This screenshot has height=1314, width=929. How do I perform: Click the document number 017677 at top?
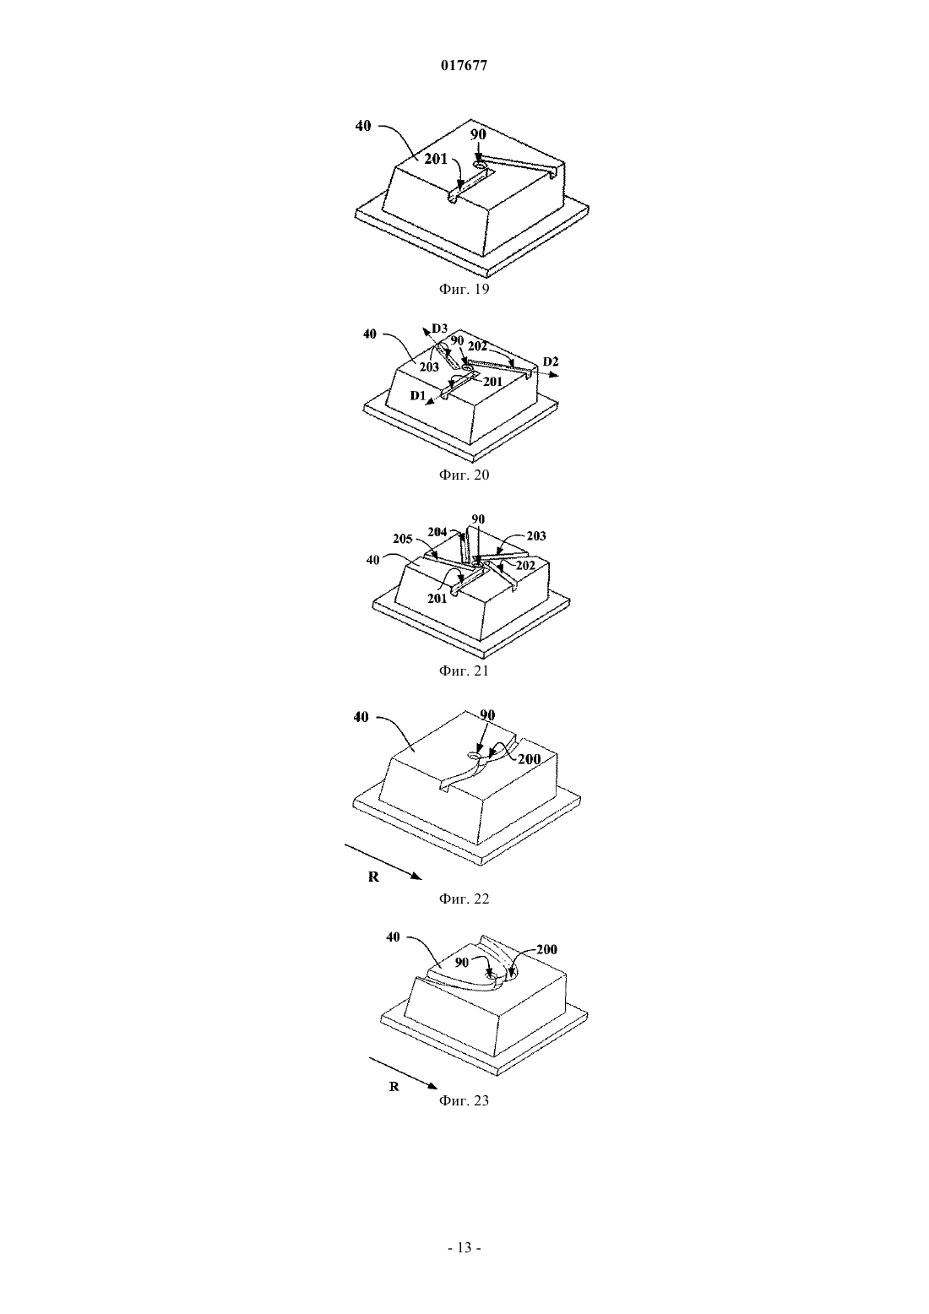pyautogui.click(x=464, y=66)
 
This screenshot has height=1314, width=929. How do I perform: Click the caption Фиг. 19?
pyautogui.click(x=464, y=289)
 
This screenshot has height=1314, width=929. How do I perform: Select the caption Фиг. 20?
pyautogui.click(x=464, y=475)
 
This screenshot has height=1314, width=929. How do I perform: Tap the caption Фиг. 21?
pyautogui.click(x=464, y=671)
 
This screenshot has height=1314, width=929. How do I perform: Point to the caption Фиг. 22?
pyautogui.click(x=464, y=899)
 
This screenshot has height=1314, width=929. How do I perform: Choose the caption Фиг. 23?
pyautogui.click(x=464, y=1100)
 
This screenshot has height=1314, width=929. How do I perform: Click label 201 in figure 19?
pyautogui.click(x=436, y=159)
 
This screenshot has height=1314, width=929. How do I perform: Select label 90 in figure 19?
pyautogui.click(x=479, y=134)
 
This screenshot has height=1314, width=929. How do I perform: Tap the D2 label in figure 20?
pyautogui.click(x=551, y=361)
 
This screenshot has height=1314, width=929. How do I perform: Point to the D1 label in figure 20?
pyautogui.click(x=417, y=396)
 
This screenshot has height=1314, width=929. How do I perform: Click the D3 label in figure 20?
pyautogui.click(x=440, y=328)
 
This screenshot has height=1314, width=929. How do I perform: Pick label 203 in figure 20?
pyautogui.click(x=429, y=367)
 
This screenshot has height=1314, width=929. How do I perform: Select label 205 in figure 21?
pyautogui.click(x=402, y=539)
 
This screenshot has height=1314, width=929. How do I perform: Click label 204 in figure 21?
pyautogui.click(x=437, y=532)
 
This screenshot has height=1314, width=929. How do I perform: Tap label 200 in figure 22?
pyautogui.click(x=529, y=759)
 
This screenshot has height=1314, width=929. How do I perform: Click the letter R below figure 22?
pyautogui.click(x=373, y=877)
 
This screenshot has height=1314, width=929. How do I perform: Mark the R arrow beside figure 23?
pyautogui.click(x=404, y=1071)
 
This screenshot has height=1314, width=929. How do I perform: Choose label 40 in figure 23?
pyautogui.click(x=393, y=937)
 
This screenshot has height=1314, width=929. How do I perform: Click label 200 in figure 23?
pyautogui.click(x=546, y=949)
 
